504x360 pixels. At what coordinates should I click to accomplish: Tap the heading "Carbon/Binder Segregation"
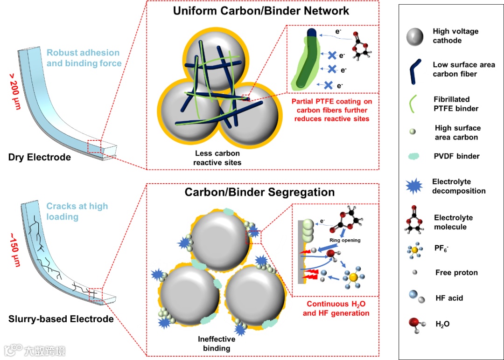coord(259,192)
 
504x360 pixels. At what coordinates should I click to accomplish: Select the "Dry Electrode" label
coord(40,157)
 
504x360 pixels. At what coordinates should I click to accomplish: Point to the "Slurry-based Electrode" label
coord(61,319)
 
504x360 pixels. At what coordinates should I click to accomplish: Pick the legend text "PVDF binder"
coord(455,156)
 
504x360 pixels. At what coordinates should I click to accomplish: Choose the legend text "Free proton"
coord(456,273)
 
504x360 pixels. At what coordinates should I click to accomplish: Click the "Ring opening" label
coord(345,241)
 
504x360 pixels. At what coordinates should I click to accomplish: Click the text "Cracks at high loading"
coord(77,211)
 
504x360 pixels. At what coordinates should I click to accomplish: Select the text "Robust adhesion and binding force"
coord(83,58)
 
